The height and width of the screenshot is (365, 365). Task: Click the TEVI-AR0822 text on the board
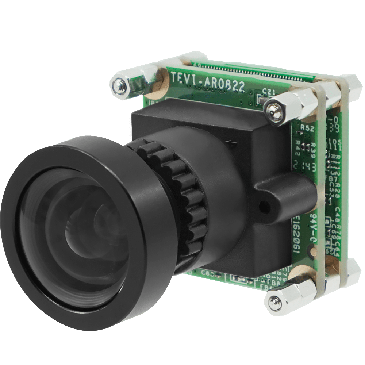point(207,82)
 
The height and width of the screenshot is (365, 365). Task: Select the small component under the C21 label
point(262,100)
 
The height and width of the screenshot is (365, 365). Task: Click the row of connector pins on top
point(255,72)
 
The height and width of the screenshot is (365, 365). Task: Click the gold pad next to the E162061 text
point(311,251)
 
